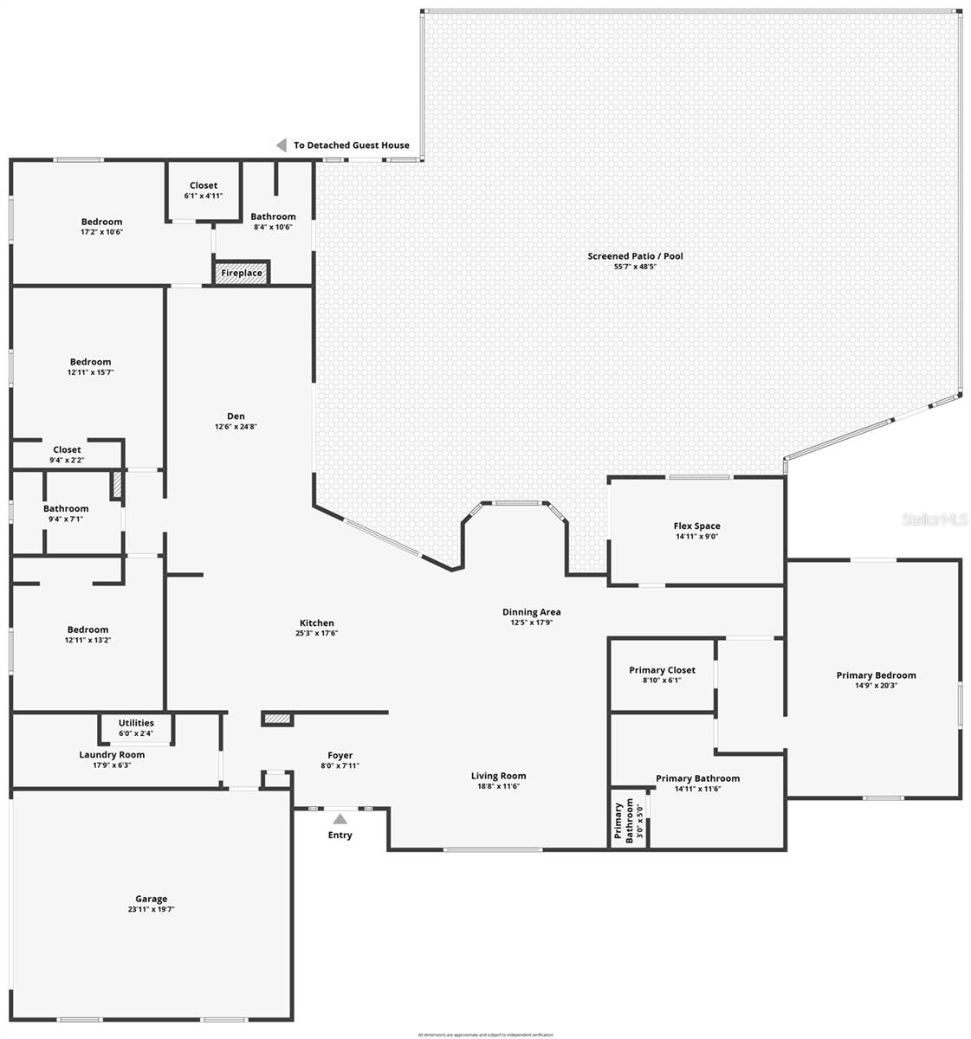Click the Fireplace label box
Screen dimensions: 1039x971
pyautogui.click(x=242, y=273)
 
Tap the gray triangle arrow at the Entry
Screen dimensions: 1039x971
pyautogui.click(x=340, y=819)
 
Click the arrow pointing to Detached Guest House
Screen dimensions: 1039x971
pyautogui.click(x=281, y=145)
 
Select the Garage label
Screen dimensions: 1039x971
pyautogui.click(x=151, y=899)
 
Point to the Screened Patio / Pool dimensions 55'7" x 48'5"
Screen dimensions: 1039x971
pyautogui.click(x=636, y=267)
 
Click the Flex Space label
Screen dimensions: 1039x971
pyautogui.click(x=696, y=526)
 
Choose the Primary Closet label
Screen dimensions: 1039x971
pyautogui.click(x=662, y=669)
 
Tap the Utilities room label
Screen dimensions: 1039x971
pyautogui.click(x=136, y=723)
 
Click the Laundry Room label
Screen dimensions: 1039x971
pyautogui.click(x=112, y=754)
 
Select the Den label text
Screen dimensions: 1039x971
pyautogui.click(x=236, y=416)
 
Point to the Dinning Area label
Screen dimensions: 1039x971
pyautogui.click(x=532, y=612)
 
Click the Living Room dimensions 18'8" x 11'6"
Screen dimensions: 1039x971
pyautogui.click(x=498, y=786)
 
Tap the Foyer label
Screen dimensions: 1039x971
pyautogui.click(x=340, y=755)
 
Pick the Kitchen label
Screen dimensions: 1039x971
pyautogui.click(x=317, y=623)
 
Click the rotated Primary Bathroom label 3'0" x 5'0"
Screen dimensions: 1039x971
pyautogui.click(x=630, y=819)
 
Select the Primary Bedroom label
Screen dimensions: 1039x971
pyautogui.click(x=876, y=675)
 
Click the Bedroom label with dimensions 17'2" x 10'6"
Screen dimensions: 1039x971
pyautogui.click(x=102, y=222)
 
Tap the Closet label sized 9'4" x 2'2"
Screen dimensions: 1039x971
pyautogui.click(x=67, y=449)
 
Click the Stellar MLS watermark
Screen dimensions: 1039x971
pyautogui.click(x=935, y=519)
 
